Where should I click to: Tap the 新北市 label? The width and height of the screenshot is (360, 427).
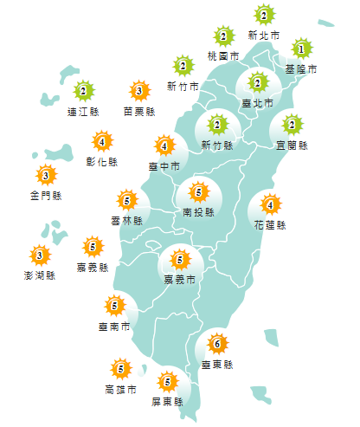[x=264, y=36]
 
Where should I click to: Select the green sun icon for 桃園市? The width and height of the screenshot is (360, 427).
[x=223, y=36]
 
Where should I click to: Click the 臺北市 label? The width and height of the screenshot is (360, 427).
[x=257, y=103]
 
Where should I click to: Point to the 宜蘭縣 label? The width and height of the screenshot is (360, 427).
[x=291, y=145]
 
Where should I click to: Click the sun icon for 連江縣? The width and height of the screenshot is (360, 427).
[x=83, y=90]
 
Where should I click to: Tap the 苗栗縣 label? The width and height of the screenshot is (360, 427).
[x=138, y=111]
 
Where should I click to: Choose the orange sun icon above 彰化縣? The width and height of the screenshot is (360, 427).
[x=102, y=141]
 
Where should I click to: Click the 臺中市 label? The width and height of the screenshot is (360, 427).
[x=164, y=165]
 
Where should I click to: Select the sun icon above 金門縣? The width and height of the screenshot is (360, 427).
[x=44, y=177]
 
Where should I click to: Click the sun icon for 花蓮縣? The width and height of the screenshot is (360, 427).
[x=270, y=205]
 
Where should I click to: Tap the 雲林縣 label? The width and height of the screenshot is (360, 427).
[x=126, y=221]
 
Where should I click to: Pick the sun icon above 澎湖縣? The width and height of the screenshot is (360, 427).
[x=39, y=256]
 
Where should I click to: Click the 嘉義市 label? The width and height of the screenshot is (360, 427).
[x=180, y=279]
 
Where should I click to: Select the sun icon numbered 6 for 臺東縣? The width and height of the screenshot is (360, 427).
[x=216, y=345]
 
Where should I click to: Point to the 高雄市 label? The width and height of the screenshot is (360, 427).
[x=119, y=390]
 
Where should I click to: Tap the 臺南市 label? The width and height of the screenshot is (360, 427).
[x=115, y=327]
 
